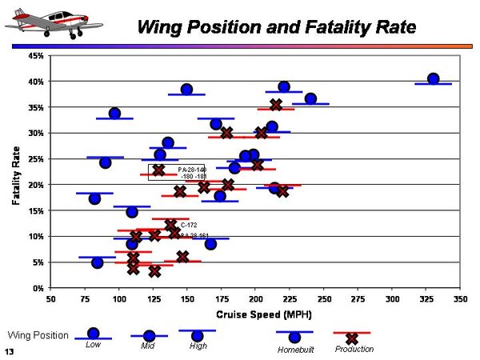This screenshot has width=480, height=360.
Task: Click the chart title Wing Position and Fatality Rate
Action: tap(276, 26)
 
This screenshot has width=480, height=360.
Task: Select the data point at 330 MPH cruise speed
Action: tap(433, 79)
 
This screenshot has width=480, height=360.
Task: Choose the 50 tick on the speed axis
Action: tap(51, 298)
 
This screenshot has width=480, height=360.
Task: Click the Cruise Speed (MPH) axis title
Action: tap(255, 312)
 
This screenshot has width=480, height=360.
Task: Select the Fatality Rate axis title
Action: tap(17, 171)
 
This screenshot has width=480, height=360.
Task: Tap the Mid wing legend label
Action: tap(149, 346)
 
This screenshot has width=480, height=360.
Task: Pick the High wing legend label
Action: tap(198, 346)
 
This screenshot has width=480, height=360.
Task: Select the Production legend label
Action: tap(354, 349)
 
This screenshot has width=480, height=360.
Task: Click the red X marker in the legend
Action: tap(351, 338)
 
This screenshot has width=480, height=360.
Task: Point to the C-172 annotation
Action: tap(189, 226)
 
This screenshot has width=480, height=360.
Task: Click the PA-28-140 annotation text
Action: tap(192, 170)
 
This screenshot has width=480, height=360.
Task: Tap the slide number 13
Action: tap(9, 352)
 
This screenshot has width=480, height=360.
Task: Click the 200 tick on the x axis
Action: tap(255, 298)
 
